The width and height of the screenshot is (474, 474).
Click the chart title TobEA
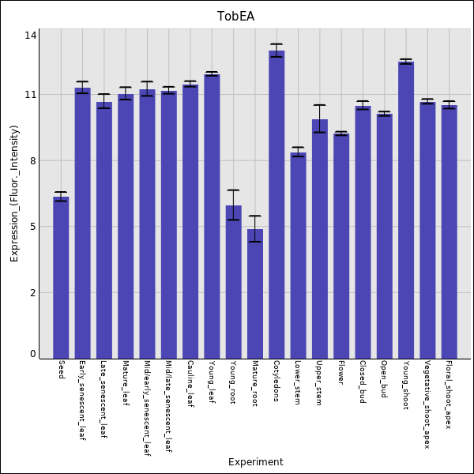[235, 17]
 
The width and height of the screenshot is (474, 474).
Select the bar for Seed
[61, 277]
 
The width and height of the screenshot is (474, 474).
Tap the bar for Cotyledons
[276, 205]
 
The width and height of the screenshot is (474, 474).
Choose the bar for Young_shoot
[406, 210]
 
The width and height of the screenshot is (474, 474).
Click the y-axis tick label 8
[33, 161]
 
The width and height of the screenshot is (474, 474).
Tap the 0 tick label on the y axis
[33, 354]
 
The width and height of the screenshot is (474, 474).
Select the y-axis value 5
[33, 227]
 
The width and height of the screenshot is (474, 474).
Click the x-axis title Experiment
[255, 462]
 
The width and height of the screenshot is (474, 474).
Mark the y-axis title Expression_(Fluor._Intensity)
[14, 194]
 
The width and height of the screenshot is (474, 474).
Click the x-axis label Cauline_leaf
[190, 383]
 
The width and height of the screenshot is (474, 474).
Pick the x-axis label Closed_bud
[363, 382]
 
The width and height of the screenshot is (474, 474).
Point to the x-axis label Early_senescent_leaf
[82, 401]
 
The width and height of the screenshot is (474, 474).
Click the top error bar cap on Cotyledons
[276, 44]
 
